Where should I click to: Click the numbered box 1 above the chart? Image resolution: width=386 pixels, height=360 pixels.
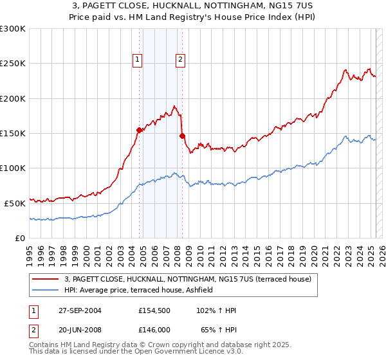pyautogui.click(x=138, y=60)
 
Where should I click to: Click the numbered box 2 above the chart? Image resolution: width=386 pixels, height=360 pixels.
pyautogui.click(x=180, y=60)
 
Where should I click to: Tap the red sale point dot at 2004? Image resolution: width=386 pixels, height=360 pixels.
pyautogui.click(x=139, y=130)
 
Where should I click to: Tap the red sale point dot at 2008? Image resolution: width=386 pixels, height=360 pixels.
pyautogui.click(x=182, y=136)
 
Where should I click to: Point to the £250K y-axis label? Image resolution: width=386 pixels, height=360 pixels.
pyautogui.click(x=13, y=64)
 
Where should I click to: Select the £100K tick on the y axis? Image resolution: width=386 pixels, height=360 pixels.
pyautogui.click(x=13, y=168)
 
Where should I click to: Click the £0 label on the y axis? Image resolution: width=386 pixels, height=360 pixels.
pyautogui.click(x=19, y=238)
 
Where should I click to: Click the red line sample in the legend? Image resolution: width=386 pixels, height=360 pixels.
pyautogui.click(x=46, y=279)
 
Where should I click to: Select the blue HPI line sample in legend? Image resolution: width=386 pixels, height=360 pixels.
pyautogui.click(x=46, y=290)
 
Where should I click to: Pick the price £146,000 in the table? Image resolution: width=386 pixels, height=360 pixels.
pyautogui.click(x=154, y=328)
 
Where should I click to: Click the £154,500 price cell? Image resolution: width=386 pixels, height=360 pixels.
pyautogui.click(x=154, y=310)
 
